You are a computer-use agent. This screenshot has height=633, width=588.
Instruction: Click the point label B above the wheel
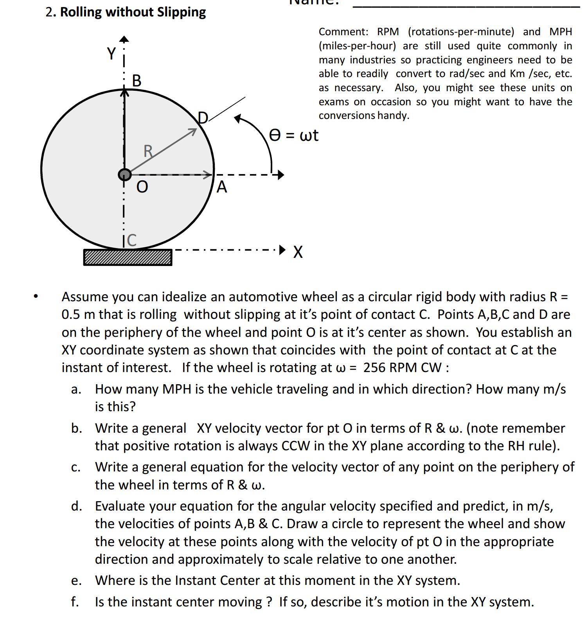coord(137,81)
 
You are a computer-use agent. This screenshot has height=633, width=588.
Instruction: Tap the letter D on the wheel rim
coord(203,118)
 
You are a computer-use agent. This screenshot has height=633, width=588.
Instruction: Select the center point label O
coord(142,187)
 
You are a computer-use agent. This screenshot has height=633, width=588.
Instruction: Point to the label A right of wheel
coord(222,187)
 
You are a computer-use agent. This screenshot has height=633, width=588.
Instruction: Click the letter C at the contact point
coord(132,240)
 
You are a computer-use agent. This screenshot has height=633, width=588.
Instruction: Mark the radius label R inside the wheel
coord(148,151)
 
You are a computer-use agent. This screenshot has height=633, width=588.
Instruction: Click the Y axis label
coord(111,54)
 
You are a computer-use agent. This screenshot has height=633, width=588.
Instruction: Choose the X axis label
coord(298,252)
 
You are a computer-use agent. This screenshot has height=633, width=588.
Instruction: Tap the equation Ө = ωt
coord(294,135)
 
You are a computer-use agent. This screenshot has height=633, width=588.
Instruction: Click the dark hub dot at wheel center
coord(124,174)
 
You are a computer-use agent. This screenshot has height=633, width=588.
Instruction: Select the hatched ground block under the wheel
coord(128,257)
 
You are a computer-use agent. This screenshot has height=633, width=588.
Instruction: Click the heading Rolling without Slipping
coord(133,12)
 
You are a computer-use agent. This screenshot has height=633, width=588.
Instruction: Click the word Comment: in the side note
coord(343,32)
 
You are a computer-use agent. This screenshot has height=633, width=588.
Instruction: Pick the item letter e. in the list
coord(76,581)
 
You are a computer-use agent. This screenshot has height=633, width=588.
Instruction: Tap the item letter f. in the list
coord(75,602)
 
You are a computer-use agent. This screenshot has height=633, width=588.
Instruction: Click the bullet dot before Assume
coord(36,296)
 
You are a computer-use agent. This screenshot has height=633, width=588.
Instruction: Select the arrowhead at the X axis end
coord(282,250)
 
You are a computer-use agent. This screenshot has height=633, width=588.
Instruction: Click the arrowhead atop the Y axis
coord(124,39)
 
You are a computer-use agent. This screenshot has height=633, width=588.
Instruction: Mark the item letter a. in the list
coord(76,389)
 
